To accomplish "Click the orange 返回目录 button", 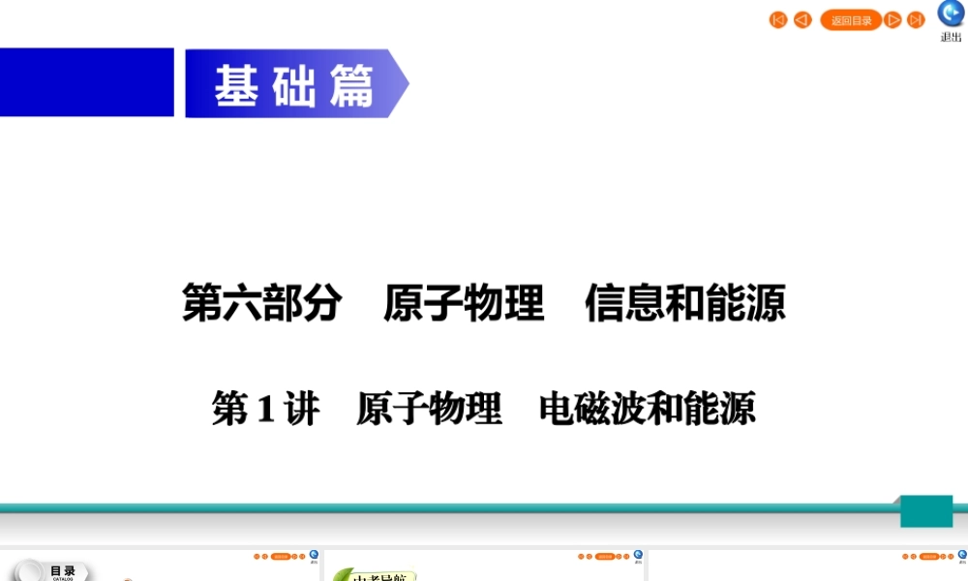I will (x=851, y=20).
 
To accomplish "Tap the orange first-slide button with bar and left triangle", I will (x=778, y=20).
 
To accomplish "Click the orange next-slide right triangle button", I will (x=892, y=20).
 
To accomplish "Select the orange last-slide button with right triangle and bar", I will (x=916, y=20).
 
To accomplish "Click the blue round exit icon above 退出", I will (x=951, y=14).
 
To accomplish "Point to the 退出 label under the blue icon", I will (x=951, y=38).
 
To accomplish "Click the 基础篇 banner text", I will (x=294, y=86).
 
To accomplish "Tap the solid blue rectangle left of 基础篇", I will (x=86, y=82).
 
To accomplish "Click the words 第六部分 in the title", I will (x=261, y=303).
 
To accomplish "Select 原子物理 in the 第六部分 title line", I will (x=464, y=303).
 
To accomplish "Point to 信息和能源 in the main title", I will (x=684, y=303).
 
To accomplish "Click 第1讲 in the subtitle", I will (x=265, y=409).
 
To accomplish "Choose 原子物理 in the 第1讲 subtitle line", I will (x=429, y=409).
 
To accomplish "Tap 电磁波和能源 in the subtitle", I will (x=647, y=409).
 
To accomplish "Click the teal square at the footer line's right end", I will (x=926, y=511).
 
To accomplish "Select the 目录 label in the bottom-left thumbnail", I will (x=62, y=571).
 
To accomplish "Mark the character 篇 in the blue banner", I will (x=351, y=86).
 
